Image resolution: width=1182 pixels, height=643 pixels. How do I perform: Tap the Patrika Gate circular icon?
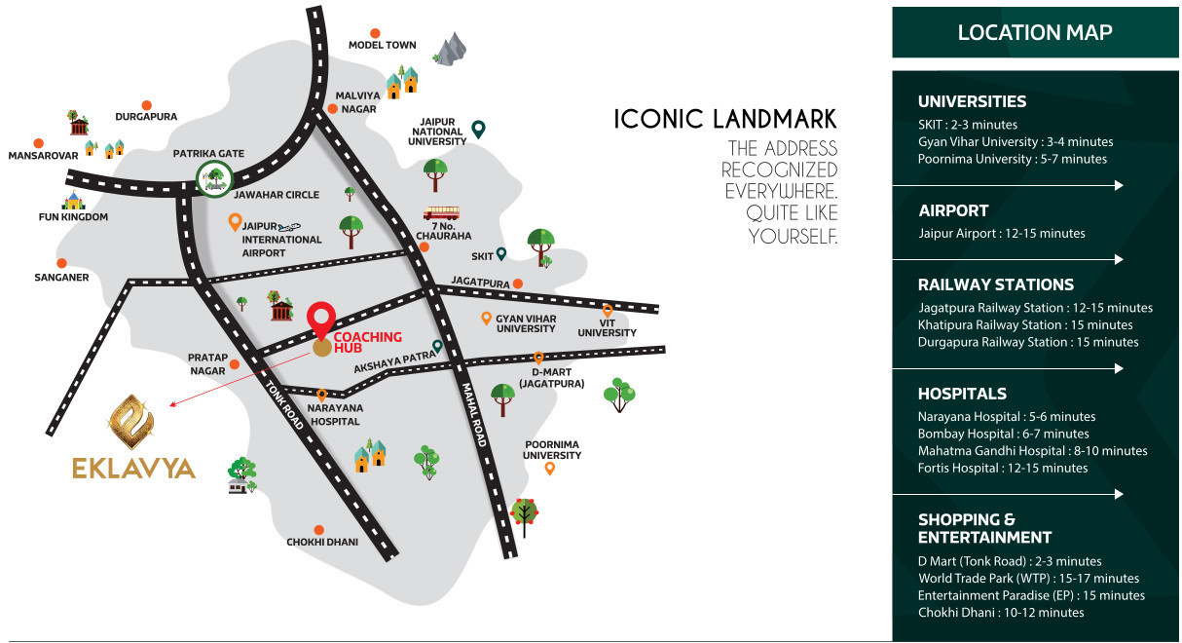tap(213, 177)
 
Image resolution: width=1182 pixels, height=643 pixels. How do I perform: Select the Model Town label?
tap(382, 45)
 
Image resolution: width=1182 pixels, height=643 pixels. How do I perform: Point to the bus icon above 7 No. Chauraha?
tap(441, 212)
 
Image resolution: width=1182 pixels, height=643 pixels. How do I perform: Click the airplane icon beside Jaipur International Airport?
tap(289, 226)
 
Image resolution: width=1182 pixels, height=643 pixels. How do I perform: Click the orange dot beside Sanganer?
tap(61, 263)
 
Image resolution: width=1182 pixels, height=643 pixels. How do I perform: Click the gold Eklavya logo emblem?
tap(134, 418)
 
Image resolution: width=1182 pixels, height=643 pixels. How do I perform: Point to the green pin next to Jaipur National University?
tap(478, 129)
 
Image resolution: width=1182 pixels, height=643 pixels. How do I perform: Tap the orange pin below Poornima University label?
tap(550, 469)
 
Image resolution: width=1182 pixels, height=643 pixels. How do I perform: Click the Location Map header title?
tap(1034, 32)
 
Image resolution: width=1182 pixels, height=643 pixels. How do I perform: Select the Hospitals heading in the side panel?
tap(962, 394)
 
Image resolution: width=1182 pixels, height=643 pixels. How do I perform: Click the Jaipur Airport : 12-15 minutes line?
tap(1001, 233)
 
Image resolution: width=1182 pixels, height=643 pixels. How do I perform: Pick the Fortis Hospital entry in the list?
tap(1002, 468)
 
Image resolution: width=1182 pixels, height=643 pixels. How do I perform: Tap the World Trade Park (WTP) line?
tap(1027, 578)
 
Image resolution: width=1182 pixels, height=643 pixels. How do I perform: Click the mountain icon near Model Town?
tap(450, 50)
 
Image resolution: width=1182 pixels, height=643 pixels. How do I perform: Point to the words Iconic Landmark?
tap(724, 119)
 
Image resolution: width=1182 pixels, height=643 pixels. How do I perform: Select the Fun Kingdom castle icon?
tap(74, 201)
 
